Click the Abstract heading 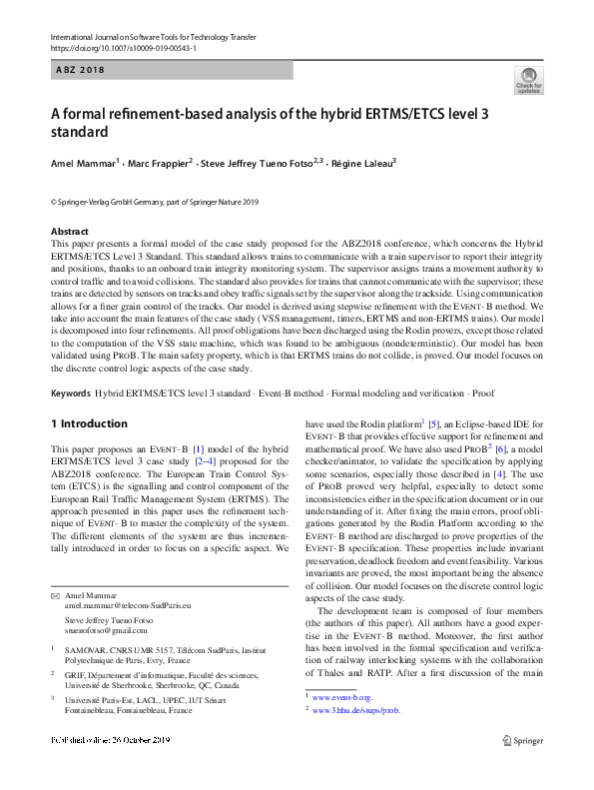pos(69,231)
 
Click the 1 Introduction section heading pos(89,423)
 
